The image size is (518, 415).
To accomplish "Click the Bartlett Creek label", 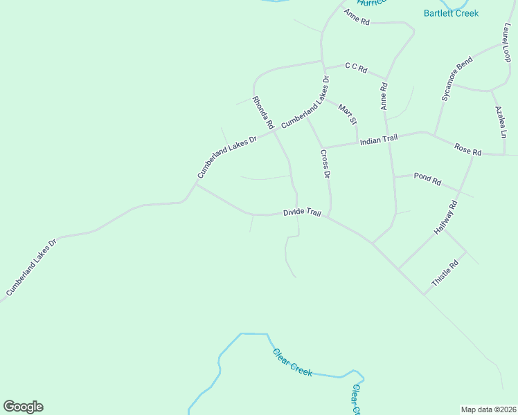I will [451, 13].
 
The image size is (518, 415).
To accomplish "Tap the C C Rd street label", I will [355, 68].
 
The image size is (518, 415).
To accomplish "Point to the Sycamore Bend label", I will [457, 80].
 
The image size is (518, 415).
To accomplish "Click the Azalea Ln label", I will [501, 120].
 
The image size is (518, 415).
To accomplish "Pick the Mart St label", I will [347, 113].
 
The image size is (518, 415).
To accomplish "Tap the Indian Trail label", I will [378, 139].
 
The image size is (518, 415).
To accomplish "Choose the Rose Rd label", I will [467, 148].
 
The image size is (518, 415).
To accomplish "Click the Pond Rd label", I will [427, 178].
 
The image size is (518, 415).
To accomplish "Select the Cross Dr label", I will [325, 164].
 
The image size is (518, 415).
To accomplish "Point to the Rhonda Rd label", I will [264, 113].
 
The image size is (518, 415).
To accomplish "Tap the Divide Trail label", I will [302, 213].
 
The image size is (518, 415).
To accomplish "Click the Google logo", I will [23, 407].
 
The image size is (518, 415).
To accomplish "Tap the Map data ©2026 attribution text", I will [488, 409].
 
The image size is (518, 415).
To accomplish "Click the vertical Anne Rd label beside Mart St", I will [384, 97].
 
